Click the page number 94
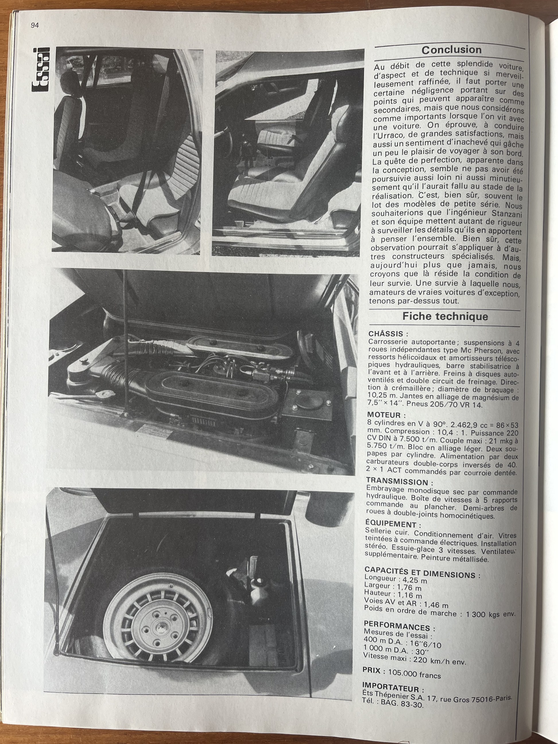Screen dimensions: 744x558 click(35, 26)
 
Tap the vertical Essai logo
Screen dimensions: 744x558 click(40, 70)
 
